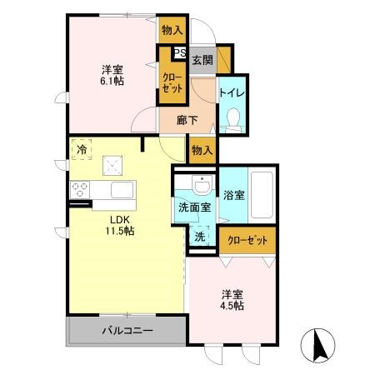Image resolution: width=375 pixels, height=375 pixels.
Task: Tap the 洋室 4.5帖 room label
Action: [232, 300]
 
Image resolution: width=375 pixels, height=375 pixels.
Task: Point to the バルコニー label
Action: [127, 331]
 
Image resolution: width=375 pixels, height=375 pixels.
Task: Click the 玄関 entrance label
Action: [202, 60]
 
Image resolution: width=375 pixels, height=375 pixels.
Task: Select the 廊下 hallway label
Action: [187, 120]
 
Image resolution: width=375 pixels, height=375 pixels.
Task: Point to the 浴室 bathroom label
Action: [233, 196]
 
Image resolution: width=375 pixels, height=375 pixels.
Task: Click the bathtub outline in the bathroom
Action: [260, 197]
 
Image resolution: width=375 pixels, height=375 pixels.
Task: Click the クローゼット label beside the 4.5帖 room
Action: [247, 240]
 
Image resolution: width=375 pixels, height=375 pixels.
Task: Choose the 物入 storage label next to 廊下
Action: [202, 151]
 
